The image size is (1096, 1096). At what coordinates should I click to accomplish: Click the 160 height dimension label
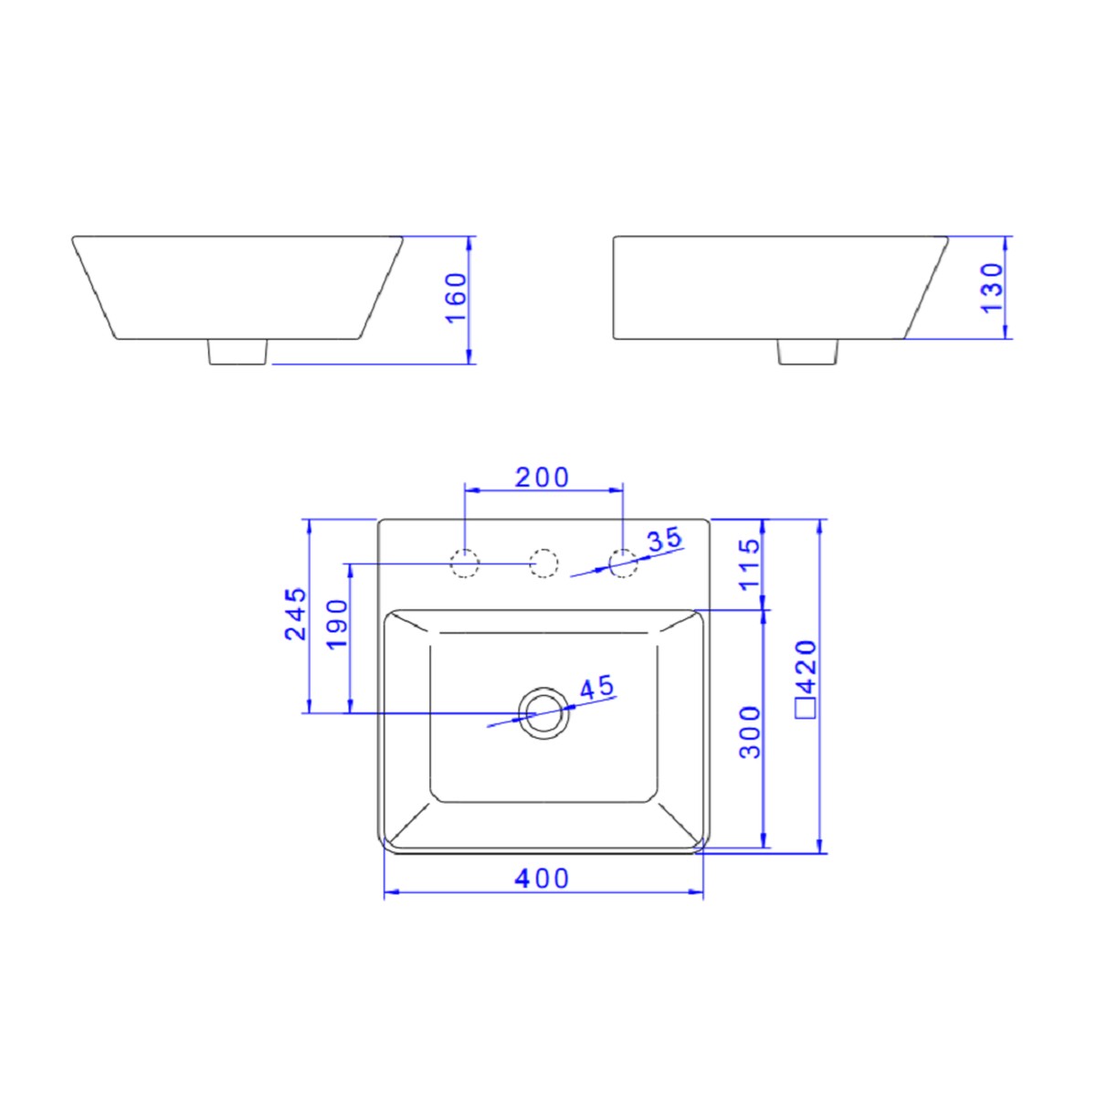(456, 298)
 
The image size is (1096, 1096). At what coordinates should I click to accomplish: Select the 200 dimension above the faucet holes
(542, 477)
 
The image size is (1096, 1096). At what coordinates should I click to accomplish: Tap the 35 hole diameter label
(665, 539)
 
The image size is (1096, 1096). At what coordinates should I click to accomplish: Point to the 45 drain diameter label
(596, 687)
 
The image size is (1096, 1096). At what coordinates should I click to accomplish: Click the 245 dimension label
(296, 615)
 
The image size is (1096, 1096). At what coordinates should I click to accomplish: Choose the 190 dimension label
(337, 623)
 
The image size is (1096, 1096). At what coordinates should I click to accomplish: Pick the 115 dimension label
(749, 564)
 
